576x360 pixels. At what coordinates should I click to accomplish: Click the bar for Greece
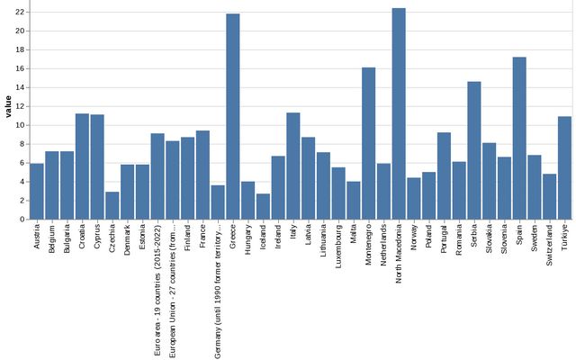233,117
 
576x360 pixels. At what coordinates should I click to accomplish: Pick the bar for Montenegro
369,143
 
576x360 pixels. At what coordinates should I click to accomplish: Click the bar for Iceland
263,206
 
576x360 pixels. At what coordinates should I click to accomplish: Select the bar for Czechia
112,205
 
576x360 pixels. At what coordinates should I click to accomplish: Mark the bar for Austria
37,191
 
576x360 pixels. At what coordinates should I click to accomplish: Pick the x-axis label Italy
293,232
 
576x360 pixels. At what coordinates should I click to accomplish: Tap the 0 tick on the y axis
22,220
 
